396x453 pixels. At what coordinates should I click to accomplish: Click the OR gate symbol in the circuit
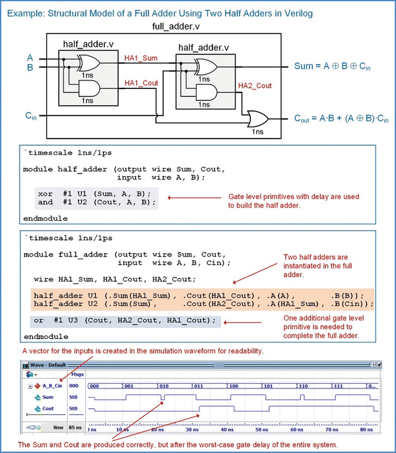coord(256,119)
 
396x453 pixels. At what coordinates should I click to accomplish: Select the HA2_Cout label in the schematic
coord(254,86)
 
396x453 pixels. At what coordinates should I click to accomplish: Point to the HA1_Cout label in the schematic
coord(141,83)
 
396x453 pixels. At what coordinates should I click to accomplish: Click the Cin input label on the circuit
coord(30,116)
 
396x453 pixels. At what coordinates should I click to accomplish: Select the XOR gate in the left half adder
coord(88,63)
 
